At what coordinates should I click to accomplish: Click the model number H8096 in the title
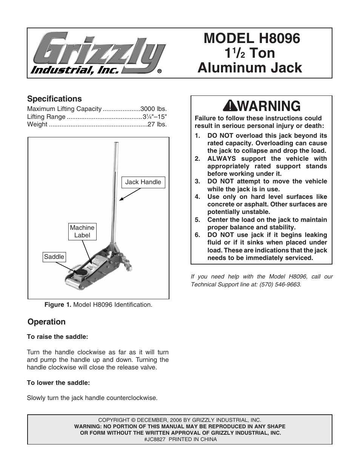(279, 38)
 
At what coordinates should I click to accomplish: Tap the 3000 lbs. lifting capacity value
(153, 109)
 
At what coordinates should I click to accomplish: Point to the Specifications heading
(54, 99)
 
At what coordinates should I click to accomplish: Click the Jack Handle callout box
(143, 182)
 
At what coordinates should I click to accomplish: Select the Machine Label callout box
(82, 231)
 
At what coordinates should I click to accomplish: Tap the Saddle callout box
(54, 257)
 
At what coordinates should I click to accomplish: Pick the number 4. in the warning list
(197, 197)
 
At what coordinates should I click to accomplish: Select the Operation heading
(46, 322)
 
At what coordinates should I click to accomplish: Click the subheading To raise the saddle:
(57, 337)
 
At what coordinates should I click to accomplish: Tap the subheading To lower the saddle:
(58, 383)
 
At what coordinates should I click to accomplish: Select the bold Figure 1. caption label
(58, 305)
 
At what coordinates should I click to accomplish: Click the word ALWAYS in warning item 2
(222, 158)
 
